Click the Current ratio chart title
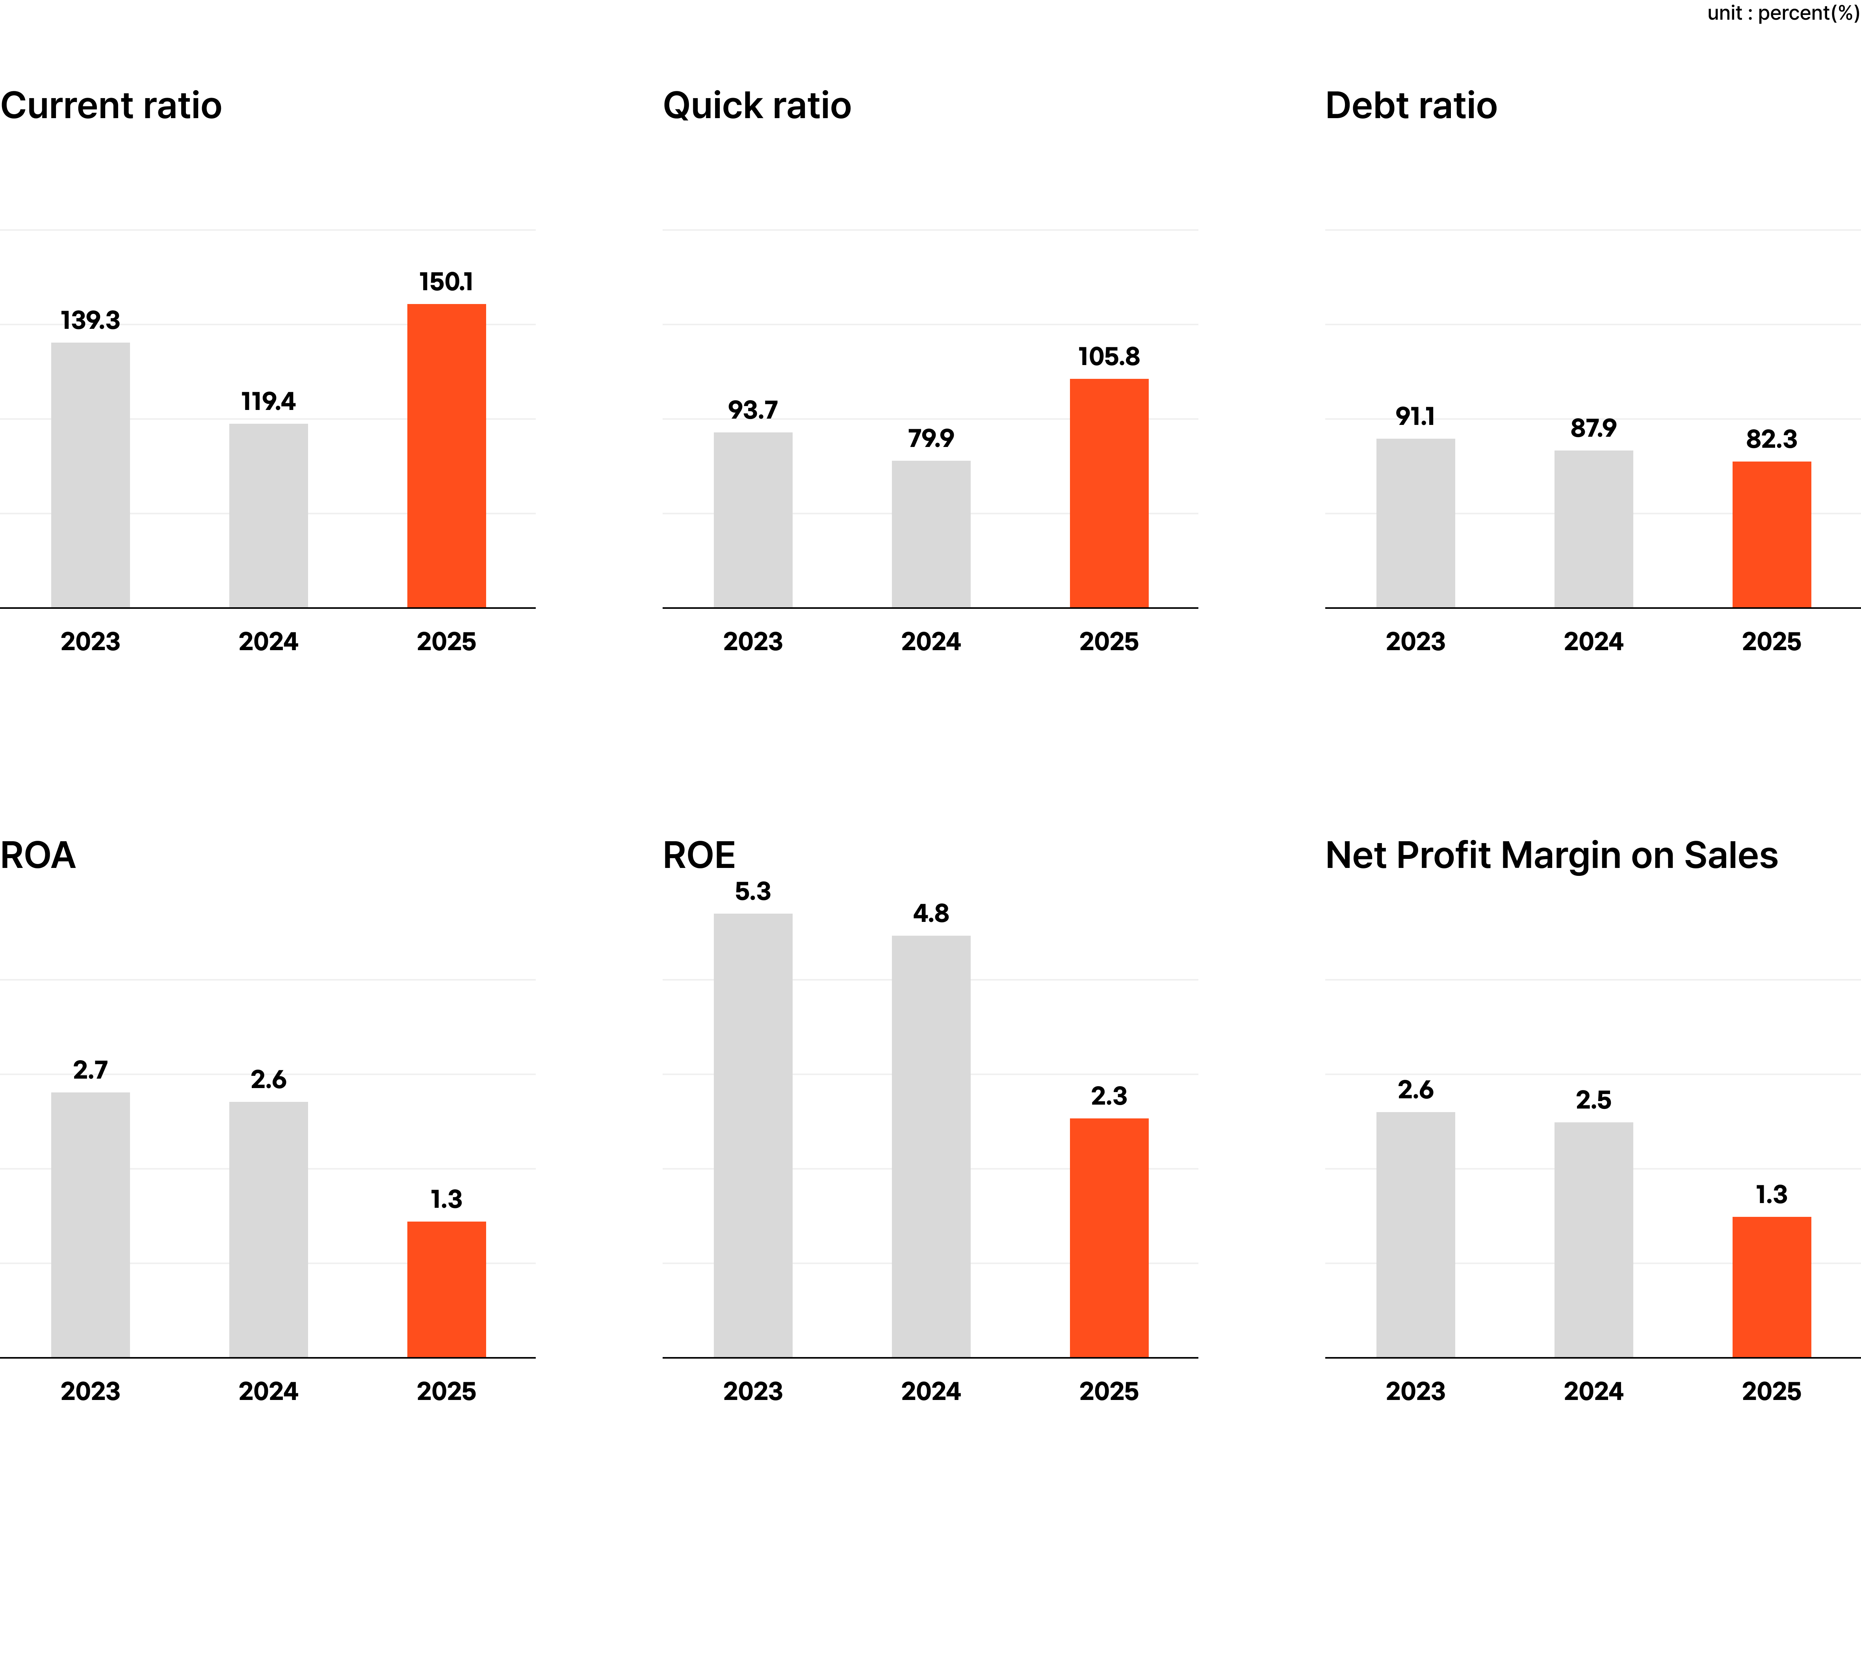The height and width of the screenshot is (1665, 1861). pos(111,106)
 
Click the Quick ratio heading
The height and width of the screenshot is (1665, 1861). pos(757,106)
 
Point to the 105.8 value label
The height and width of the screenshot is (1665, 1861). pos(1109,357)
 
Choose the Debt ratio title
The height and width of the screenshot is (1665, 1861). pos(1411,106)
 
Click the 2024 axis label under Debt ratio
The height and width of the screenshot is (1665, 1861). pos(1593,641)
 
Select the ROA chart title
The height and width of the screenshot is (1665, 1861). pos(37,855)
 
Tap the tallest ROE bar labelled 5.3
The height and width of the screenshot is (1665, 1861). pos(753,1135)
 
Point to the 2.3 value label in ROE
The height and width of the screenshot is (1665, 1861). pos(1109,1096)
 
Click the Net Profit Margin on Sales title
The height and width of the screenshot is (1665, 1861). pos(1551,855)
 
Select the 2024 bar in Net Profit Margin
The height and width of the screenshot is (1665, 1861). pos(1593,1240)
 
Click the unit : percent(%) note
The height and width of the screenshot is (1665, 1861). pos(1782,13)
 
